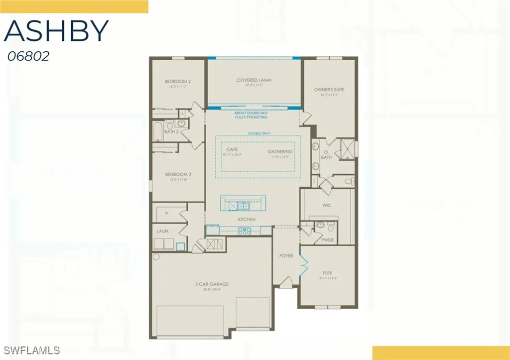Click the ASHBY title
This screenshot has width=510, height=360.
coord(56,31)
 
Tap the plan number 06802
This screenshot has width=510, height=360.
coord(28,56)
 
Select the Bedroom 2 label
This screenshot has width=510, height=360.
coord(178,81)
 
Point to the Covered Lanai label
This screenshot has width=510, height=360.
coord(254,80)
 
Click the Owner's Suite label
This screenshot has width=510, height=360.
coord(329,90)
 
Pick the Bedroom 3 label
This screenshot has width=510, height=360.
coord(178,174)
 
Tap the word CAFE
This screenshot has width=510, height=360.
coord(232,149)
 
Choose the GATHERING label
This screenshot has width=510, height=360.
coord(280,151)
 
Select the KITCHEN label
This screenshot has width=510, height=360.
coord(247,219)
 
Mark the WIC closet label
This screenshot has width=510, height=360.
coord(327,205)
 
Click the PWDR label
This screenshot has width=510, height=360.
coord(327,240)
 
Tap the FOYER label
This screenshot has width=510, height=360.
coord(286,255)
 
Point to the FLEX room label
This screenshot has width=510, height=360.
coord(327,273)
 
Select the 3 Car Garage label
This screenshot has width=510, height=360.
coord(212,284)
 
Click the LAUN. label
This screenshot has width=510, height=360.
coord(163,231)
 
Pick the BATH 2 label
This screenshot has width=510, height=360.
coord(171,132)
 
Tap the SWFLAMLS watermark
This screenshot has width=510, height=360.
coord(31,349)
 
